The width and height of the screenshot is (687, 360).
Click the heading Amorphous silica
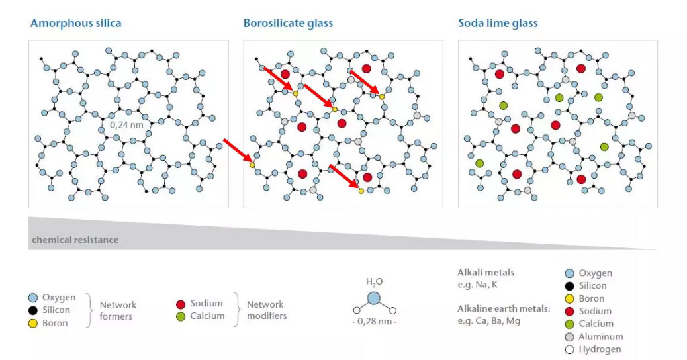[x=75, y=24]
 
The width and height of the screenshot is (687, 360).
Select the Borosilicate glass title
[x=288, y=24]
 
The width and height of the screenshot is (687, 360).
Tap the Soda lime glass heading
[x=498, y=24]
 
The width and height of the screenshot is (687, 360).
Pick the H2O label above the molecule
[x=374, y=282]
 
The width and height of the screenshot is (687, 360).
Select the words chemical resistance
[x=75, y=240]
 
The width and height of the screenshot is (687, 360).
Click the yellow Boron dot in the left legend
[x=33, y=323]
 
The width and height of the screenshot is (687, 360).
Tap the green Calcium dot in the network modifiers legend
[x=181, y=316]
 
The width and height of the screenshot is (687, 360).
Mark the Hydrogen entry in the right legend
[x=600, y=349]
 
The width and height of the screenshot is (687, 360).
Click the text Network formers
[x=118, y=310]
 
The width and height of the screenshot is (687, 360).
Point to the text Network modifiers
[x=266, y=310]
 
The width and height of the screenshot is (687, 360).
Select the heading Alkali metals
[x=486, y=272]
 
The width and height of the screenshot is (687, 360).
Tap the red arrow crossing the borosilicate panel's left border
[x=237, y=151]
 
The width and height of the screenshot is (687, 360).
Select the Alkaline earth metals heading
[x=504, y=308]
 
